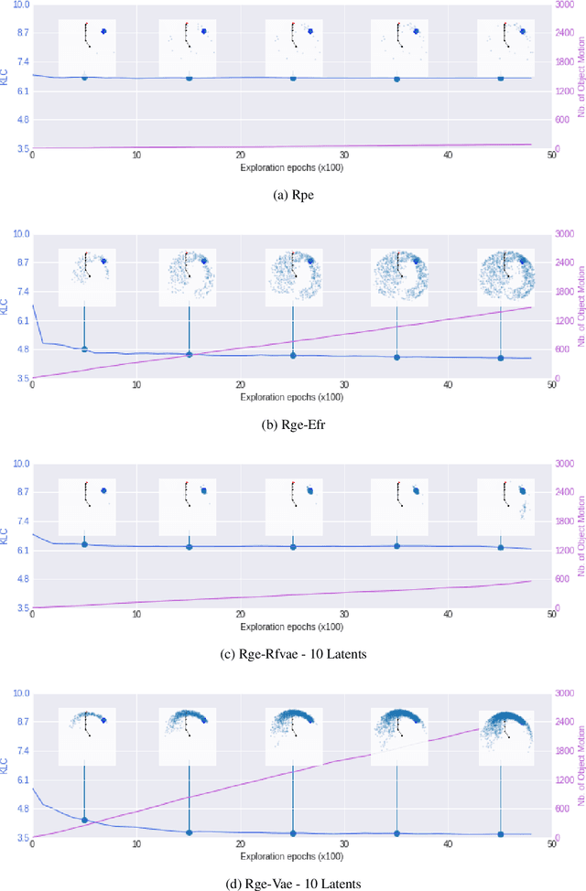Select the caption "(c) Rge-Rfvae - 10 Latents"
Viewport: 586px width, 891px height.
tap(292, 654)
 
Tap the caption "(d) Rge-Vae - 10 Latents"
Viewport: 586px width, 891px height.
tap(292, 883)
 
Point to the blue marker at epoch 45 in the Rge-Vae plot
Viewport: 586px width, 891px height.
tap(500, 833)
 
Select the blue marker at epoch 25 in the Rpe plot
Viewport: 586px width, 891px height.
tap(293, 79)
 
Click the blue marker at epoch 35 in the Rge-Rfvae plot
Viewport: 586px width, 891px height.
tap(396, 546)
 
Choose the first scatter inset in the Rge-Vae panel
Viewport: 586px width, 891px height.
tap(86, 736)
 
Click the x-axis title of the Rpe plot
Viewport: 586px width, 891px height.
tap(292, 168)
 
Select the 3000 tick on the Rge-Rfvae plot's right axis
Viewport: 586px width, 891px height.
tap(567, 464)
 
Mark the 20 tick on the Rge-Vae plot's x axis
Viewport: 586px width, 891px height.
tap(240, 845)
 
